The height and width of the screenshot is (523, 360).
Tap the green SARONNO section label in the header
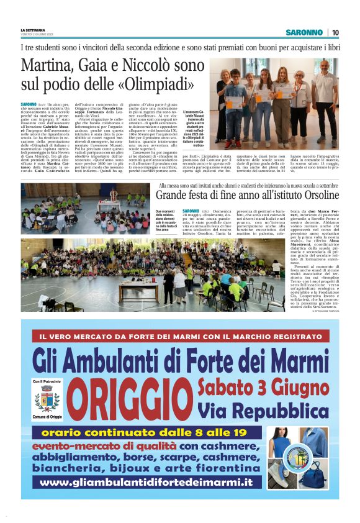pos(304,32)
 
